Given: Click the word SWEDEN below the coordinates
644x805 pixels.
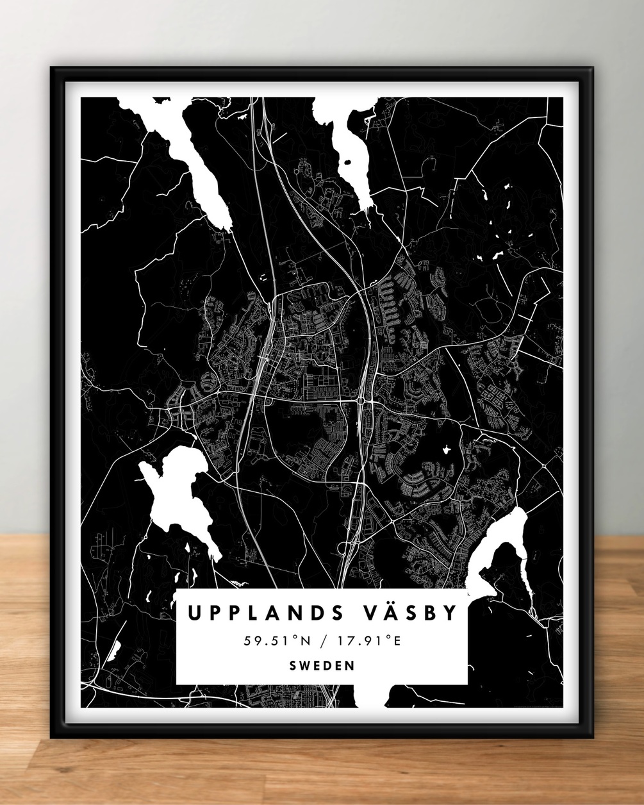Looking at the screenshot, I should click(322, 665).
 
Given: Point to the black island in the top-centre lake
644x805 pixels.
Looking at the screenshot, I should click(347, 163).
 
